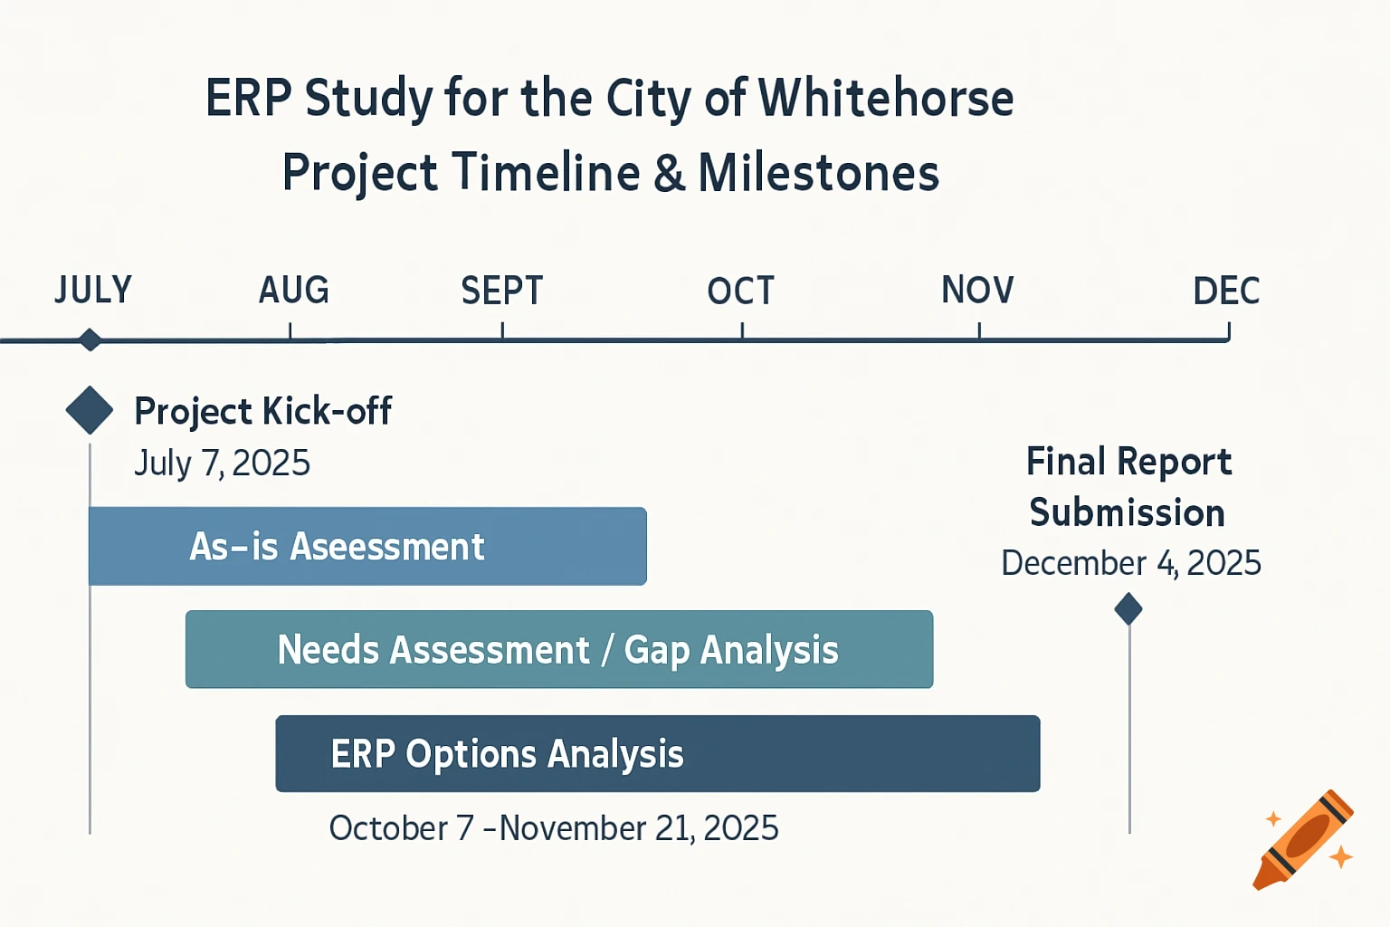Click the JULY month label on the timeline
(x=93, y=291)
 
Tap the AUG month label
(x=294, y=291)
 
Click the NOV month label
(x=977, y=291)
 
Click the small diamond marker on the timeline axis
(x=90, y=340)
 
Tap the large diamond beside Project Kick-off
(x=90, y=410)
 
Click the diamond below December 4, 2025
(x=1128, y=608)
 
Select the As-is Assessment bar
(x=367, y=546)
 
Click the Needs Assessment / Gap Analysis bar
(x=558, y=649)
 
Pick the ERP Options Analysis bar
(x=657, y=753)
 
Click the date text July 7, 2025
(x=222, y=463)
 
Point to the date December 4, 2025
(x=1130, y=563)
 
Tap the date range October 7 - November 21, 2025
(x=553, y=827)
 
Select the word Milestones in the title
(x=818, y=172)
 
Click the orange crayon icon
(x=1303, y=839)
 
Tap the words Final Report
(x=1128, y=462)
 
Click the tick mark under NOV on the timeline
(x=979, y=332)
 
